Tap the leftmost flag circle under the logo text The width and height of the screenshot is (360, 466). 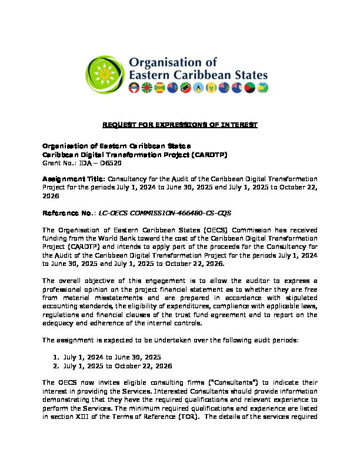(x=135, y=88)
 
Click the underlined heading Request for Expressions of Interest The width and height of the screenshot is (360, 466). (x=180, y=125)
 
